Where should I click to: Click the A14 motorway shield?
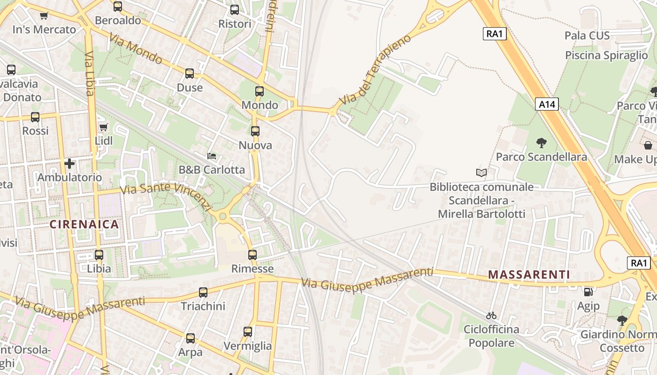coord(547,104)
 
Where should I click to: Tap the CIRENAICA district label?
coord(84,224)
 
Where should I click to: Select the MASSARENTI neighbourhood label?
coord(529,275)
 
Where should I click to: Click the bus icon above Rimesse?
coord(252,255)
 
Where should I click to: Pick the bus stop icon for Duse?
coord(190,74)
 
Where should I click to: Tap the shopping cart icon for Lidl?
coord(104,127)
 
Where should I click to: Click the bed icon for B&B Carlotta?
coord(212,156)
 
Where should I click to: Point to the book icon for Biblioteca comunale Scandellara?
coord(481,173)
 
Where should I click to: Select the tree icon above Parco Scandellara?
coord(541,143)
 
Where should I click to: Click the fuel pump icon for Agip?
coord(588,292)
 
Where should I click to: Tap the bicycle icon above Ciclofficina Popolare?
coord(491,315)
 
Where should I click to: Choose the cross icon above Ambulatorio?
coord(69,164)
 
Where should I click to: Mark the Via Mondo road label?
coord(136,49)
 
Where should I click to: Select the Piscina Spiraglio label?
coord(606,55)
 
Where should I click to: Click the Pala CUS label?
coord(587,36)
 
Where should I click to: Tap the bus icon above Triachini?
coord(203,292)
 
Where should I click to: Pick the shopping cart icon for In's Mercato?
coord(44,16)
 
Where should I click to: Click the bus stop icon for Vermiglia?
coord(248,332)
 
